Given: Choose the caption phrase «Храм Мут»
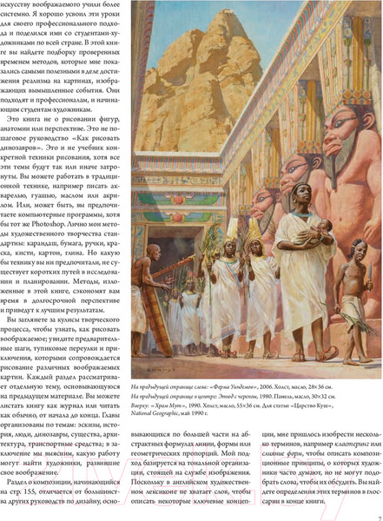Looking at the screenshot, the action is coord(171,406).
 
